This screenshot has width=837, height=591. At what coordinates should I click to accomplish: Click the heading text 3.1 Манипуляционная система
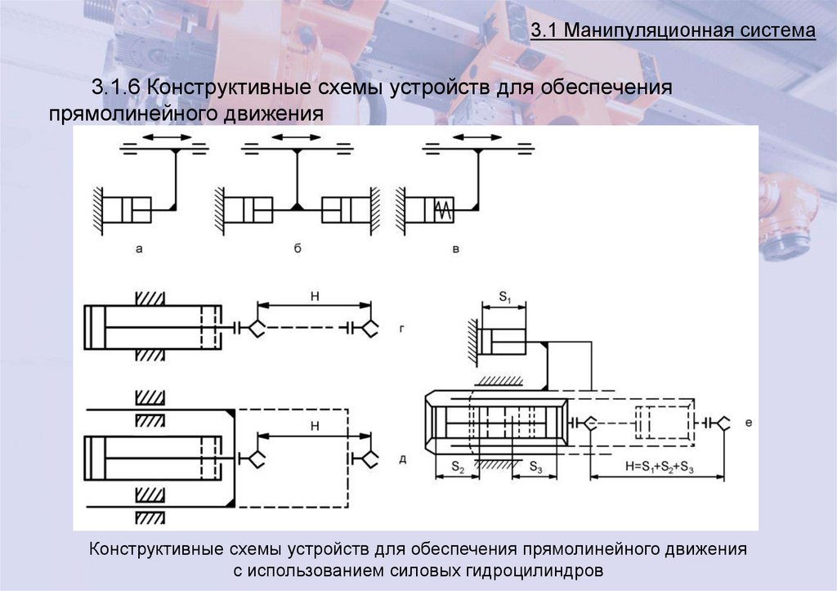(673, 32)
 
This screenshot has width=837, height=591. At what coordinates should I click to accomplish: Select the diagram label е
(749, 423)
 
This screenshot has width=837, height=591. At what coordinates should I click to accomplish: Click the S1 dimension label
(504, 298)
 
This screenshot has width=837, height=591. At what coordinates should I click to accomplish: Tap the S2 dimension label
(457, 468)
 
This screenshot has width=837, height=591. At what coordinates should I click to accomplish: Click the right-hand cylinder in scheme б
(341, 209)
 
